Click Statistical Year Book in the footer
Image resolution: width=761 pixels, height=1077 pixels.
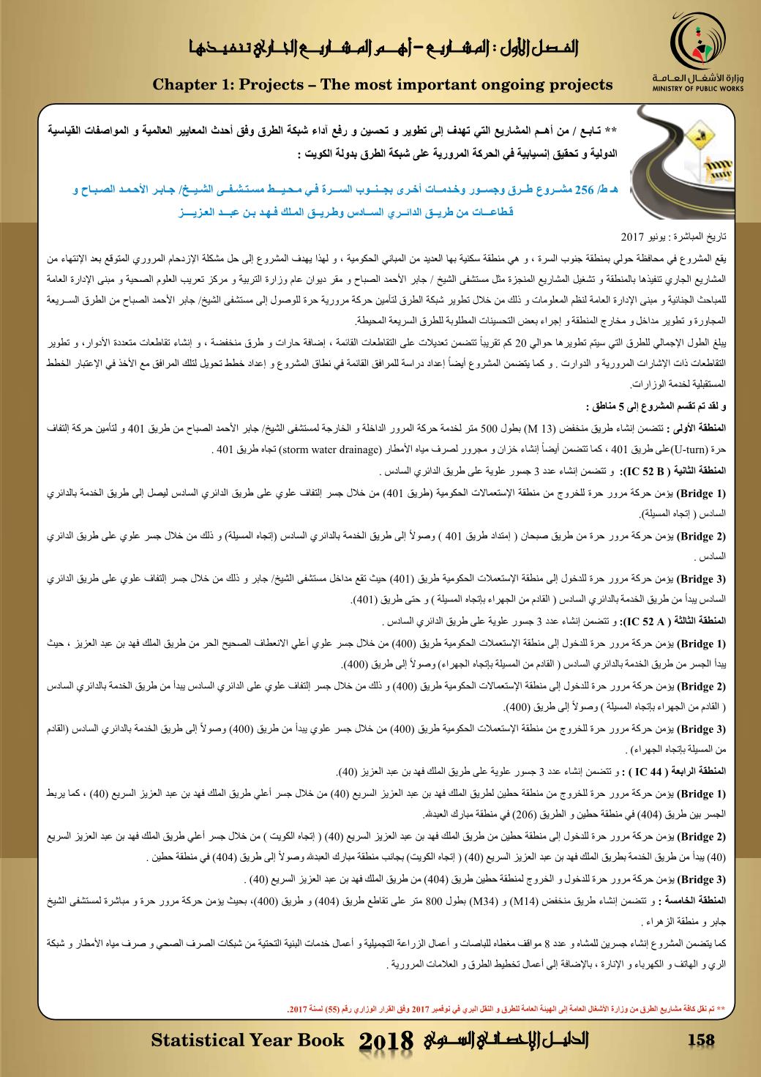pyautogui.click(x=247, y=1040)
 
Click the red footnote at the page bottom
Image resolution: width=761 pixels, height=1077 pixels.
pyautogui.click(x=505, y=1010)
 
